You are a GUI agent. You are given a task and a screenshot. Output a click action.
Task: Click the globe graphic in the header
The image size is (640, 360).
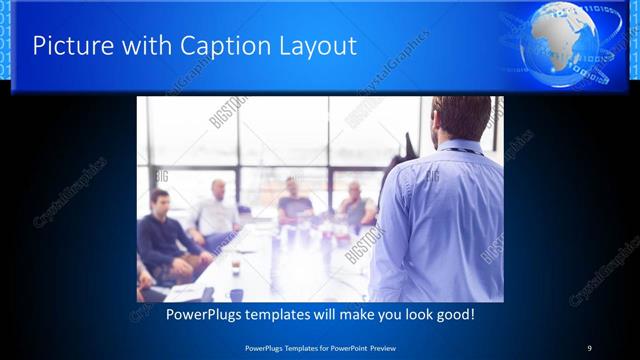click(x=569, y=44)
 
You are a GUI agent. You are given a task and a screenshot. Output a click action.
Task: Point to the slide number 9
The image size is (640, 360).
click(x=589, y=347)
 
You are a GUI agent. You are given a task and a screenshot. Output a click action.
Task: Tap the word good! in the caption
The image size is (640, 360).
click(x=453, y=314)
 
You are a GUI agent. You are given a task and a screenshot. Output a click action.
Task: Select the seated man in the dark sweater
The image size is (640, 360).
click(x=165, y=240)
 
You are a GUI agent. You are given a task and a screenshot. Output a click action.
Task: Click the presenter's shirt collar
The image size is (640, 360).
click(x=462, y=146)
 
